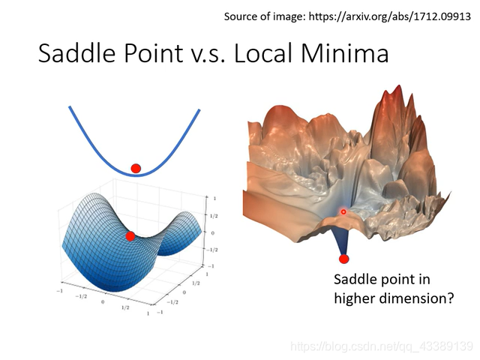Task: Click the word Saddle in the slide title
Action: coord(76,53)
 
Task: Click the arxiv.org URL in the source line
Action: coord(389,16)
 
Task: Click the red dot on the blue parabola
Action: coord(136,168)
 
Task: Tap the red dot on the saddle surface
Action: coord(130,236)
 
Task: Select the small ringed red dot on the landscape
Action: coord(343,211)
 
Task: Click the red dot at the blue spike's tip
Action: coord(343,259)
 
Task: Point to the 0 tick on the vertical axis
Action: coord(213,233)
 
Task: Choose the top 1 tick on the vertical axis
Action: coord(214,198)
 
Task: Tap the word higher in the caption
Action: coord(355,298)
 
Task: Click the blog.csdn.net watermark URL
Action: coord(382,346)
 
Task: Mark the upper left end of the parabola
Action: coord(70,106)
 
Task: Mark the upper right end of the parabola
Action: coord(199,110)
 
